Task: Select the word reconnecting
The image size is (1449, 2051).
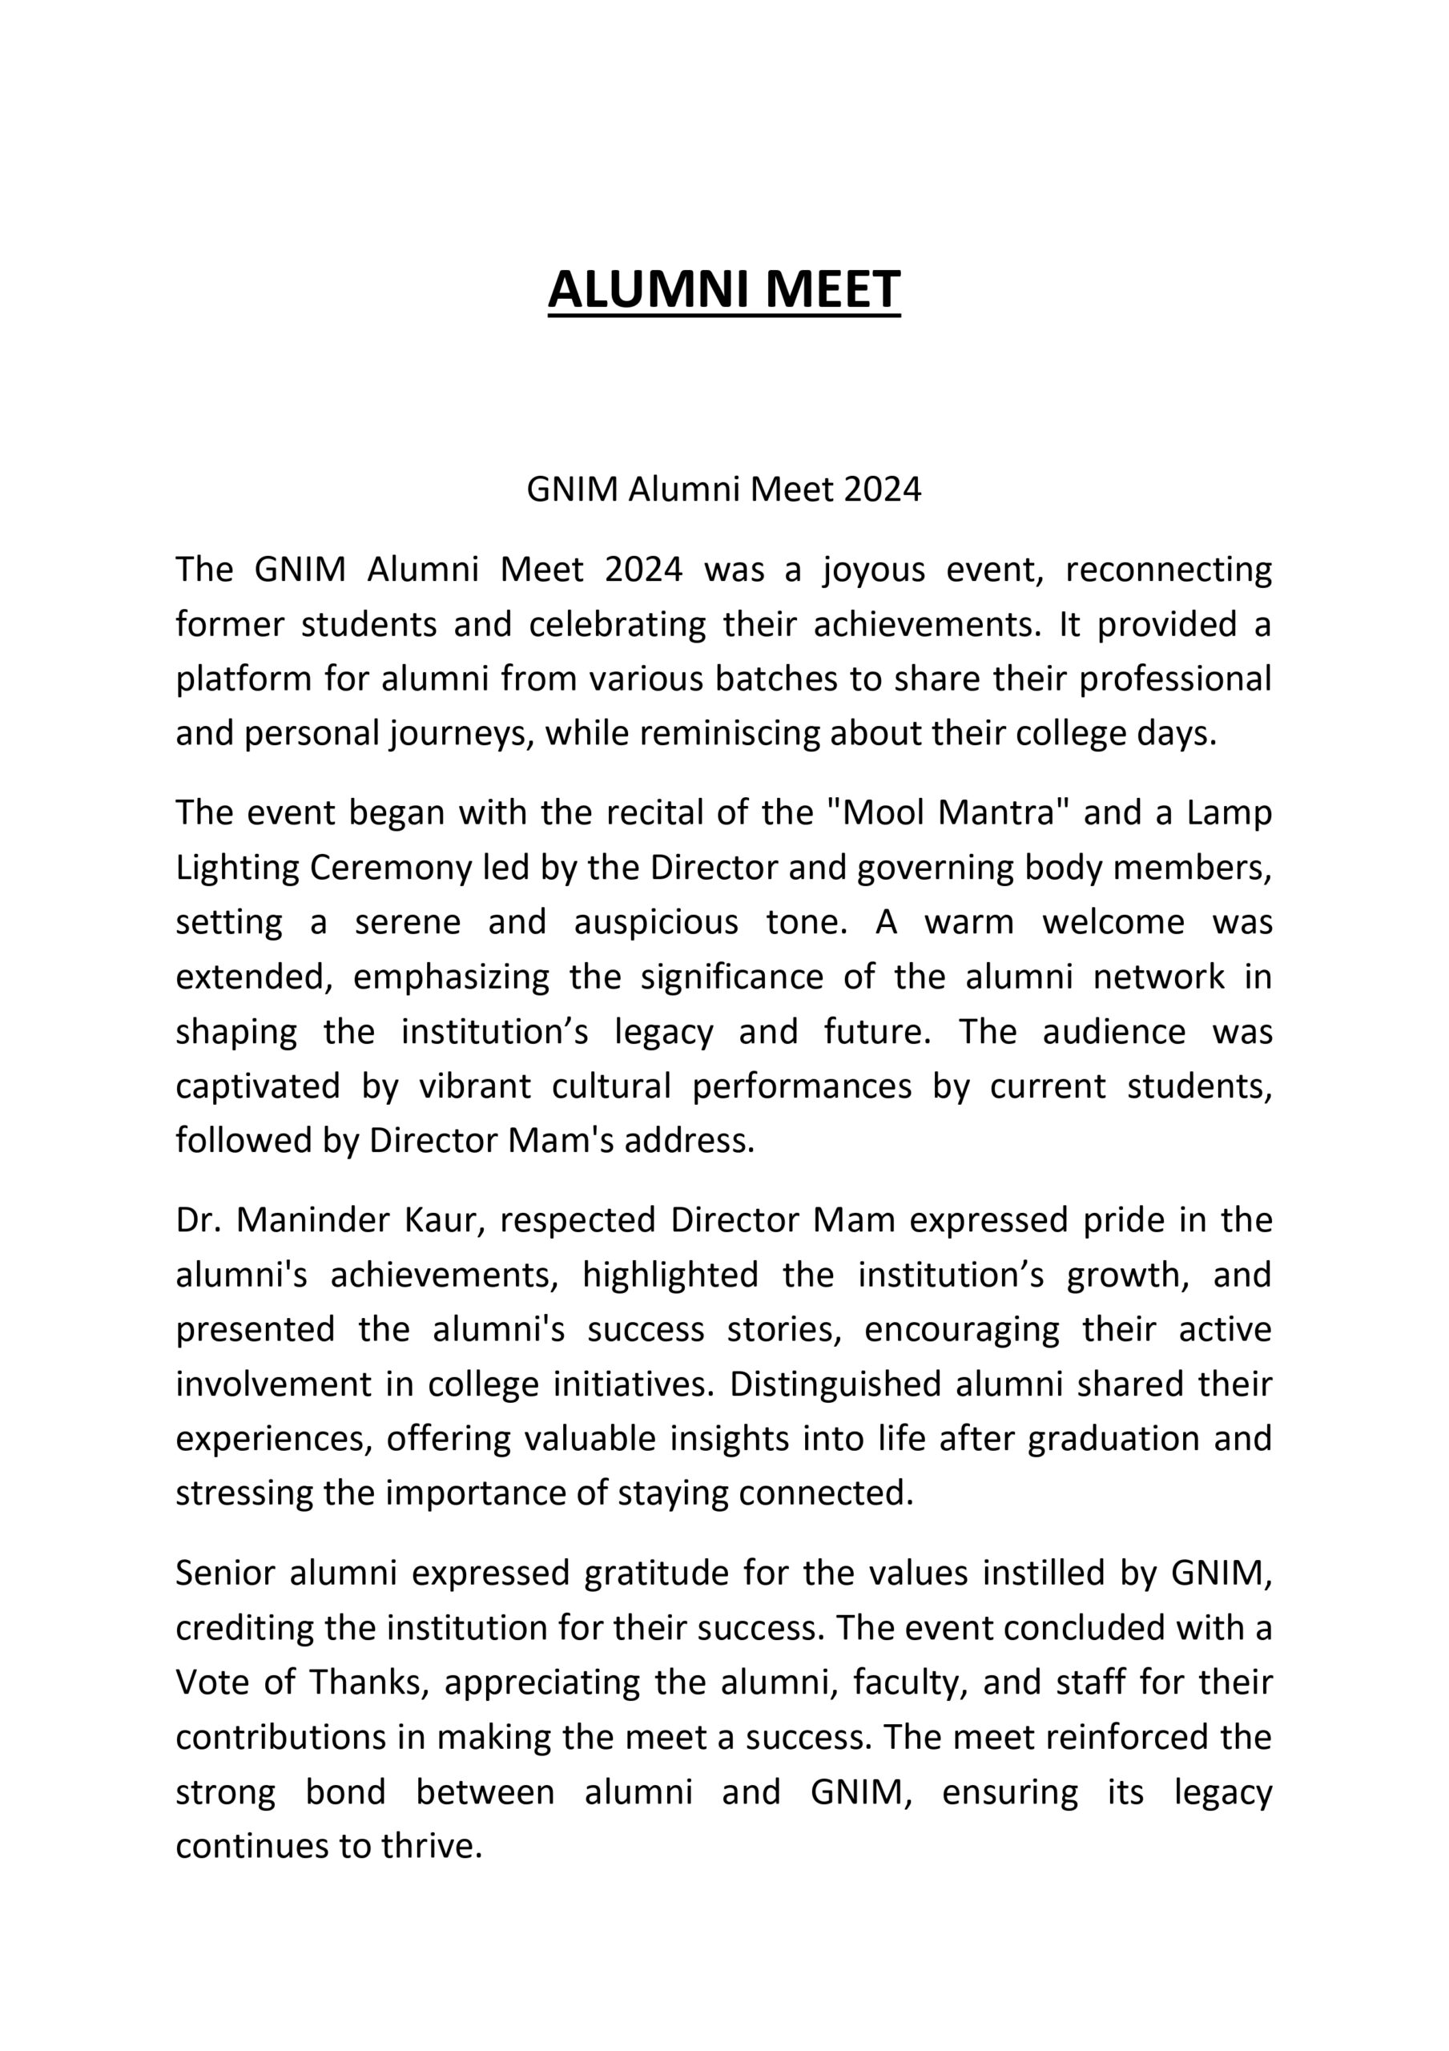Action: coord(1168,570)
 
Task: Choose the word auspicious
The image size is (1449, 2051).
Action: coord(656,922)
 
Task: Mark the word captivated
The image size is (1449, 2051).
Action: coord(257,1086)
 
